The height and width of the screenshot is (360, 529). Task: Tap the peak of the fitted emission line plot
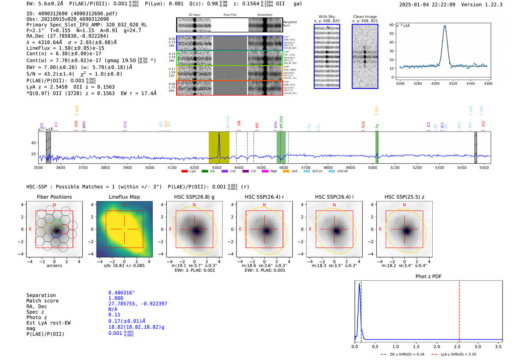click(445, 26)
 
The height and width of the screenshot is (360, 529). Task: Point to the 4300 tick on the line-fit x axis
click(435, 83)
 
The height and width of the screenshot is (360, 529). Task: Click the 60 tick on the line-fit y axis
click(391, 25)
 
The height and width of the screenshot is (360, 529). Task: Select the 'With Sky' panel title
click(326, 17)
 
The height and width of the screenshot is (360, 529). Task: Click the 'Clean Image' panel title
click(365, 17)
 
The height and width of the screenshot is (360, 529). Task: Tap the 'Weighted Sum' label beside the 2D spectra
click(289, 24)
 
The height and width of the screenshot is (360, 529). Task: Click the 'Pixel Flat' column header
click(230, 15)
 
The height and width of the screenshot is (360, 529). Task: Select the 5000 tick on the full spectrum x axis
click(373, 167)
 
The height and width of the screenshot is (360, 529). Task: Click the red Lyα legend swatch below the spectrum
click(184, 172)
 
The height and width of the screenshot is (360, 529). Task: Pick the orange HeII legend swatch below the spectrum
click(286, 172)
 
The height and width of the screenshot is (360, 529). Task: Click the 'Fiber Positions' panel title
click(54, 197)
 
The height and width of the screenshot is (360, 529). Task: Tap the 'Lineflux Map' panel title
click(124, 197)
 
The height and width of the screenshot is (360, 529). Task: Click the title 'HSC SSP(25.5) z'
click(404, 197)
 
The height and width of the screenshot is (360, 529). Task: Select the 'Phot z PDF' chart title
click(428, 277)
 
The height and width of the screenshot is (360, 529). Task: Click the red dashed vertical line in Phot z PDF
click(459, 310)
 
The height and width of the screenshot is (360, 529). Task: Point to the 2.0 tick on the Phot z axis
click(437, 346)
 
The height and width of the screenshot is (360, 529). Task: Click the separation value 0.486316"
click(121, 293)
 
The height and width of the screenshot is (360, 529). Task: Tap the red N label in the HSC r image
click(264, 205)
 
